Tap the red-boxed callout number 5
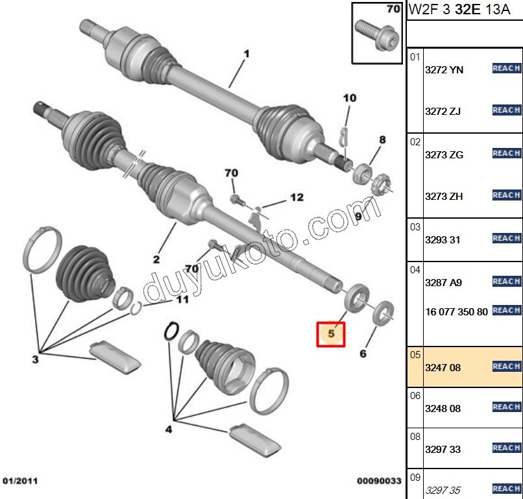click(331, 334)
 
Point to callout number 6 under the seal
click(363, 354)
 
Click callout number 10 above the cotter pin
click(350, 98)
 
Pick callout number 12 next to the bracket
click(296, 197)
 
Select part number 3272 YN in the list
click(444, 70)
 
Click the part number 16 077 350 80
click(456, 311)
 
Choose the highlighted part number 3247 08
click(443, 367)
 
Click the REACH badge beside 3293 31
click(506, 238)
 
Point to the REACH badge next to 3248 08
click(506, 407)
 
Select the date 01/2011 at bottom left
click(19, 481)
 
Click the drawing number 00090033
click(379, 481)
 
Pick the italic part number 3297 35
click(443, 490)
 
